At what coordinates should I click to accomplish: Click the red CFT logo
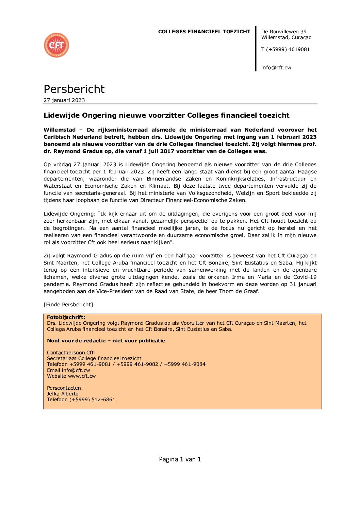(56, 45)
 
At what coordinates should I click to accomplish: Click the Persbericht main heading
(74, 89)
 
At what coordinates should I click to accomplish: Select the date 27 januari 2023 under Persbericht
(64, 100)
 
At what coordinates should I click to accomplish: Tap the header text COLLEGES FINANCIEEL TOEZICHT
(204, 32)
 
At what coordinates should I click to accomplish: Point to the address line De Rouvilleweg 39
(284, 32)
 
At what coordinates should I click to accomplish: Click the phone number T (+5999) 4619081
(285, 49)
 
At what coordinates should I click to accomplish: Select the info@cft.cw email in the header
(276, 68)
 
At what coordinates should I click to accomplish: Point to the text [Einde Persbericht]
(68, 305)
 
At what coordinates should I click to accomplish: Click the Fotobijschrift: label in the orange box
(66, 317)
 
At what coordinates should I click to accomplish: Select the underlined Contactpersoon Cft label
(70, 353)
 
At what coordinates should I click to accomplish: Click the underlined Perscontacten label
(64, 388)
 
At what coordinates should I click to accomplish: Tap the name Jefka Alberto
(63, 394)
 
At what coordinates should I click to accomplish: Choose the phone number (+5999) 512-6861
(92, 400)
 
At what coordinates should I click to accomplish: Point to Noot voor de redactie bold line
(106, 341)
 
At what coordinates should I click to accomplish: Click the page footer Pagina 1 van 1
(180, 459)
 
